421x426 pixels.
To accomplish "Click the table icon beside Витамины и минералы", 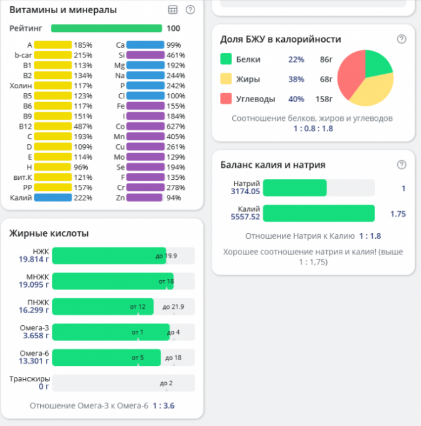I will point(173,10).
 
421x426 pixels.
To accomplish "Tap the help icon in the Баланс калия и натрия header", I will point(402,165).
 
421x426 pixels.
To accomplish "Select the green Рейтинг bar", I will point(106,28).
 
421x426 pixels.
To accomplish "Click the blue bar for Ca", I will point(145,45).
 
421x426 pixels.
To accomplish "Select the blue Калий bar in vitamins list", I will point(53,197).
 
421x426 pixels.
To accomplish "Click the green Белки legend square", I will point(226,60).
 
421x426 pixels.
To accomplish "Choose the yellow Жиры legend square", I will point(226,79).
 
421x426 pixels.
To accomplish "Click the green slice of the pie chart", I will point(378,63).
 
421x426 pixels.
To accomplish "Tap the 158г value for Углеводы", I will point(323,98).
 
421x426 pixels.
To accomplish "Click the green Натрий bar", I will point(295,188).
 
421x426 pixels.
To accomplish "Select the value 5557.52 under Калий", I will point(245,217).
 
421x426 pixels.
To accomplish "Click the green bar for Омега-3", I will point(110,331).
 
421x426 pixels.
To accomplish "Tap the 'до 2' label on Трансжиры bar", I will point(166,383).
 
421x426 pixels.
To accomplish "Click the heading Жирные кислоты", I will point(49,234).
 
